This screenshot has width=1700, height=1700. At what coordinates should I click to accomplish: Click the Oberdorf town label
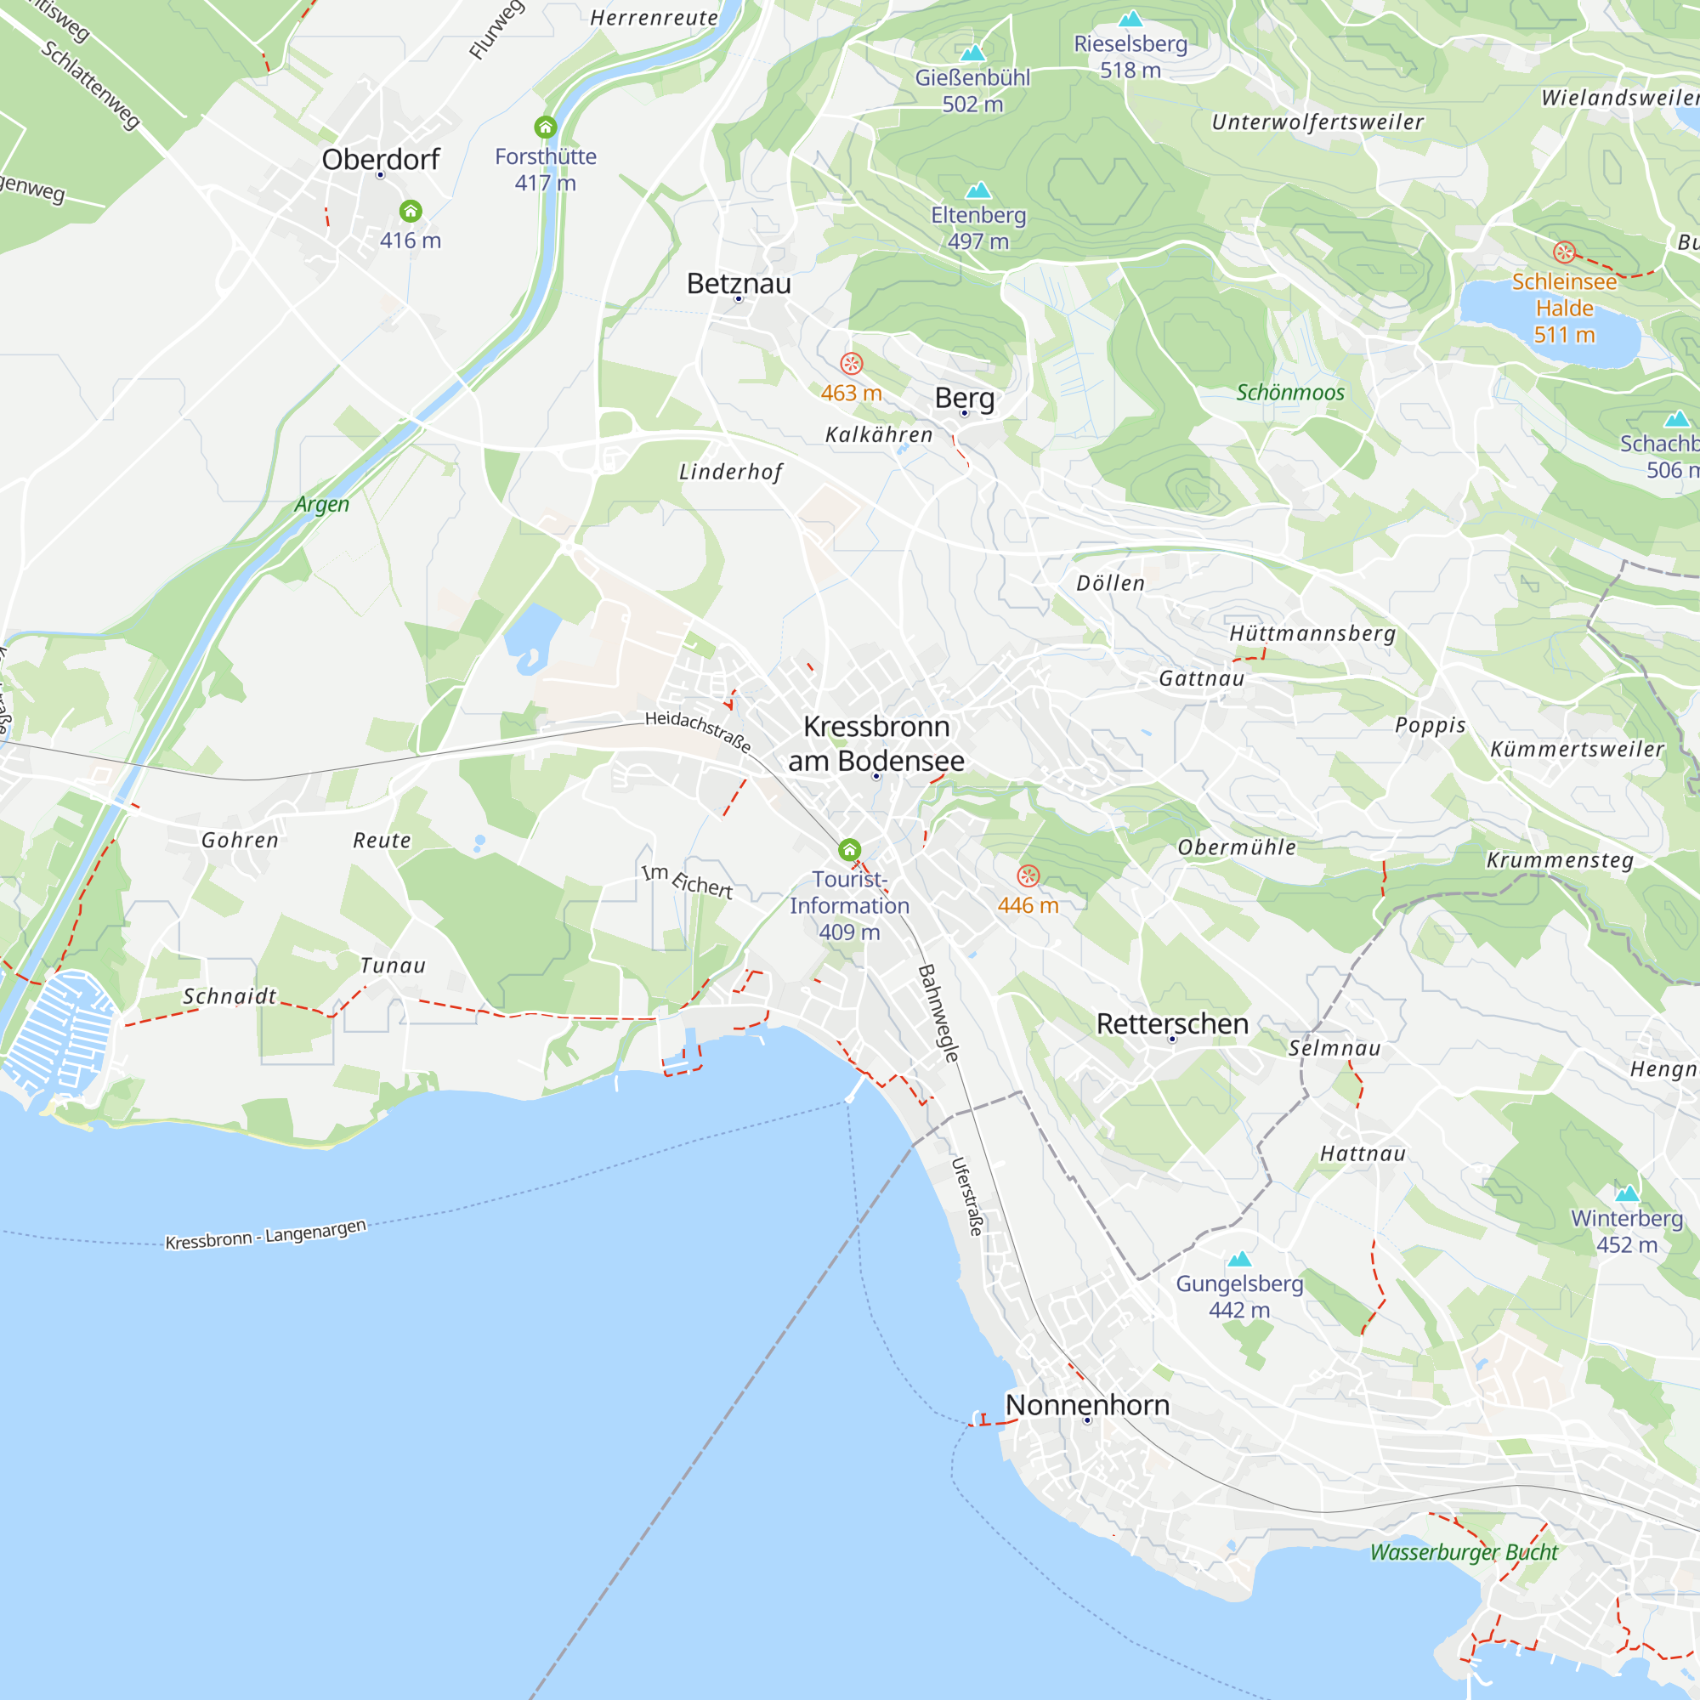(x=380, y=159)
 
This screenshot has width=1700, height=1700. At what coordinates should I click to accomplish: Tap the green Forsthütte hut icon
(x=546, y=127)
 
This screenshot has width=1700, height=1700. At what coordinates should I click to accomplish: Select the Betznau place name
(x=739, y=283)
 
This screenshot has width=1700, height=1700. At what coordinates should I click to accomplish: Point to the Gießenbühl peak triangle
(x=972, y=53)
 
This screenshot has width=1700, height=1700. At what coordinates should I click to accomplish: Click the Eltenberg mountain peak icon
(x=977, y=190)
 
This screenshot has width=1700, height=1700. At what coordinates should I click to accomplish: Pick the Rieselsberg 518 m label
(x=1130, y=56)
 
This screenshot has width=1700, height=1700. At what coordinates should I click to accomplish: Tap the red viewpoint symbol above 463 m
(x=851, y=364)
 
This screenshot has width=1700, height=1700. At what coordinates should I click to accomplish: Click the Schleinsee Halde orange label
(x=1564, y=307)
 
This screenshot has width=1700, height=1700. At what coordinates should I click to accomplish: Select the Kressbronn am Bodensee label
(x=875, y=744)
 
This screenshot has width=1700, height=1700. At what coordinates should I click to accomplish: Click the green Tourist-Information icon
(x=849, y=849)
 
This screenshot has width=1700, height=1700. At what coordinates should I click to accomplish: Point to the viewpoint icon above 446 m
(x=1028, y=875)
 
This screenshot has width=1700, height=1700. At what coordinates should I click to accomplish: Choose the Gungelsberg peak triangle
(x=1239, y=1259)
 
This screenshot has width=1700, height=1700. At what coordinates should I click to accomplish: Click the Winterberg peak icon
(x=1627, y=1194)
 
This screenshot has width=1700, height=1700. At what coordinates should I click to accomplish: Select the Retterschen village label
(x=1172, y=1023)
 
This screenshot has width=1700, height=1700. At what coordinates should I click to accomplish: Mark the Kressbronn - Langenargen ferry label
(x=266, y=1233)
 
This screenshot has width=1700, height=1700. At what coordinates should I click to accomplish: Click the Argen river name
(x=321, y=504)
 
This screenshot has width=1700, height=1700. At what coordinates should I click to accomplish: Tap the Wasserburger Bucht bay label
(x=1464, y=1552)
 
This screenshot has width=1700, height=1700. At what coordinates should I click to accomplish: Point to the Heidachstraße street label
(x=698, y=732)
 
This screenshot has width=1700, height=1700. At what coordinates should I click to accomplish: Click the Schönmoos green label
(x=1290, y=393)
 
